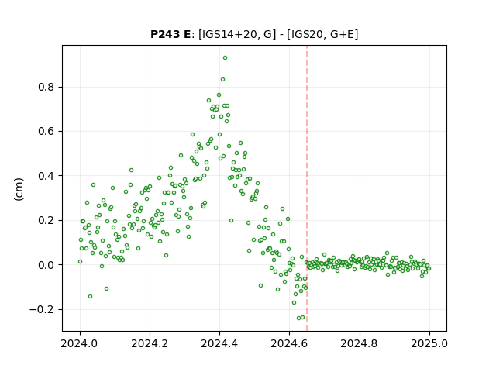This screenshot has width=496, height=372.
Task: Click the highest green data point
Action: click(225, 58)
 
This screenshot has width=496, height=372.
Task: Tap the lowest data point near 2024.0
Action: click(90, 296)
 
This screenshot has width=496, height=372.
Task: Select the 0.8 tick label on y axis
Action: click(46, 87)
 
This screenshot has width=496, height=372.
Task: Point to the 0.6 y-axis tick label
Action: click(46, 131)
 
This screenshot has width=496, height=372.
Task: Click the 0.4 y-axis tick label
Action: click(46, 176)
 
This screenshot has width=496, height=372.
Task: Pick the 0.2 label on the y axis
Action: click(46, 220)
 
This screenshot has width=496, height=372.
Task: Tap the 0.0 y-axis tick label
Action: click(46, 265)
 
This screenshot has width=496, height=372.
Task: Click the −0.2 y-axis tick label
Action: click(42, 309)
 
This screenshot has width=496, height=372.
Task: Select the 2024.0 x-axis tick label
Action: click(80, 343)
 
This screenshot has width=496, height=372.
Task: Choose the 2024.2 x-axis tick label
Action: click(150, 343)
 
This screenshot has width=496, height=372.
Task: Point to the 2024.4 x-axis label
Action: click(219, 343)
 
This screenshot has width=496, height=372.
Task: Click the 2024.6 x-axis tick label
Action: click(289, 343)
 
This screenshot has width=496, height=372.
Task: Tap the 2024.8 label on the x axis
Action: click(360, 343)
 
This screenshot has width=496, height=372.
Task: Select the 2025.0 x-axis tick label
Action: click(429, 343)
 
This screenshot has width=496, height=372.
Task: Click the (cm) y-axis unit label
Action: click(19, 189)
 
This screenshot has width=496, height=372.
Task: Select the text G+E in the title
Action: click(341, 34)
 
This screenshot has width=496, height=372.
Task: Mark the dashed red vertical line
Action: click(307, 188)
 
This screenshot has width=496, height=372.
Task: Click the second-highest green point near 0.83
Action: click(222, 79)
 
